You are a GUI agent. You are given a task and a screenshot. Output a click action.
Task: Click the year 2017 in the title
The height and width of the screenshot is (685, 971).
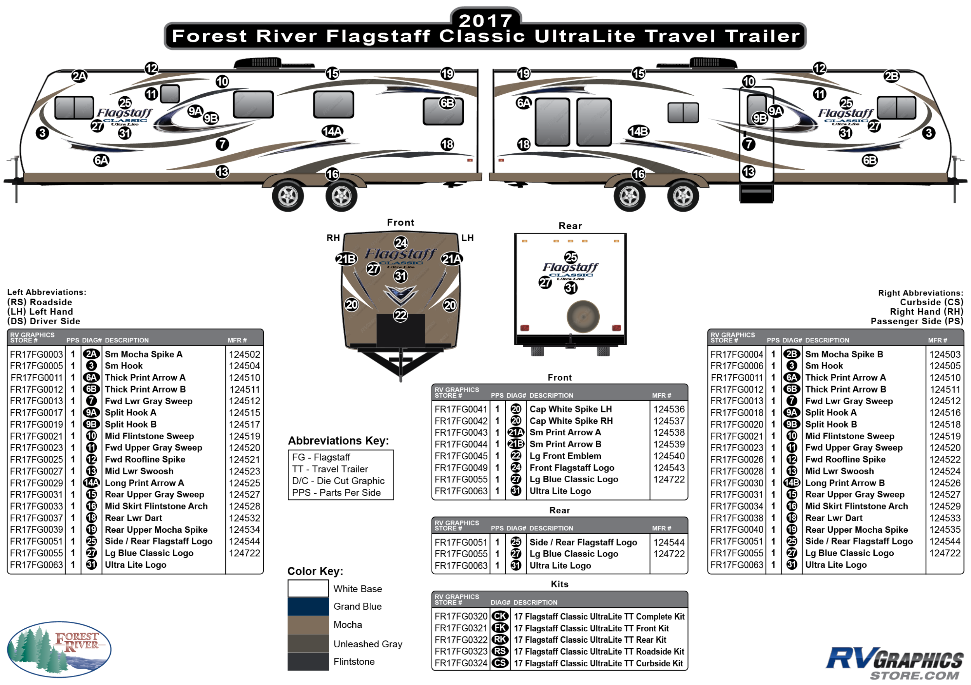(486, 20)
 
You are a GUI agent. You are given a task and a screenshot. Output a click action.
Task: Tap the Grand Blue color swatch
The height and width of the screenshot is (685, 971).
(308, 606)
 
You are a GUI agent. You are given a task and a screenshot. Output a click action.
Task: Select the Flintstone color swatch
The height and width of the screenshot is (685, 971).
(308, 661)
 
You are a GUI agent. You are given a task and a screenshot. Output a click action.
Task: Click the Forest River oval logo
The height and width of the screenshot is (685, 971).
(59, 649)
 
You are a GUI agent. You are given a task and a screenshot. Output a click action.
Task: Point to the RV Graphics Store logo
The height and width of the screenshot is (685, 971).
(894, 663)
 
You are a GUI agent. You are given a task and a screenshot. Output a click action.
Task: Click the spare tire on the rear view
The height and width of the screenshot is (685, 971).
(583, 316)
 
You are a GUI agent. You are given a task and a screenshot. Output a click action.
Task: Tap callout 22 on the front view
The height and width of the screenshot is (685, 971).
(400, 315)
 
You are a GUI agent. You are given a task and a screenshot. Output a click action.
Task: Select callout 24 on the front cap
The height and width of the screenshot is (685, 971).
(401, 243)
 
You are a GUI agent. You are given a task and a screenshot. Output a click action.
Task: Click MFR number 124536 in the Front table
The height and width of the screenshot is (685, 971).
(668, 409)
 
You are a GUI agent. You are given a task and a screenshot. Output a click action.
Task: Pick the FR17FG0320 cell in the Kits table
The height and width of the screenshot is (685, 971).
(461, 617)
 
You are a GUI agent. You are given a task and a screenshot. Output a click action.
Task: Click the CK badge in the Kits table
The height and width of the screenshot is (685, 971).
(500, 617)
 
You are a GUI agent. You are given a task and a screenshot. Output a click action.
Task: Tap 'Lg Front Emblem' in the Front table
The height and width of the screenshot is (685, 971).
(565, 456)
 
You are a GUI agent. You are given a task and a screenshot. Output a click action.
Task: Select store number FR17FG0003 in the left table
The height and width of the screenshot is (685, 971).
(37, 354)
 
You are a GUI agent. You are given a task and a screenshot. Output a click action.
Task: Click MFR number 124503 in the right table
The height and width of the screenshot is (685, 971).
(945, 354)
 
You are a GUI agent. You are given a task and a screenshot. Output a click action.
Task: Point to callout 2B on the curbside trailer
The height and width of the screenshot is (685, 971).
(891, 76)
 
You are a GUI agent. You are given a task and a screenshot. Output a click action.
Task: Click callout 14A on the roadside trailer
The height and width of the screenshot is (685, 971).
(332, 132)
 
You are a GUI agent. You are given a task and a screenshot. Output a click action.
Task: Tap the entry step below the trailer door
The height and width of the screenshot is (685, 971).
(756, 193)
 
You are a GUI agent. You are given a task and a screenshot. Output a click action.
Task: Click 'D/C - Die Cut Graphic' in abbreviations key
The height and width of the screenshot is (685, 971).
(338, 481)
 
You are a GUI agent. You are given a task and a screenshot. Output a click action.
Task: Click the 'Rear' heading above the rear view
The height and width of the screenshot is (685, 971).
(570, 226)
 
